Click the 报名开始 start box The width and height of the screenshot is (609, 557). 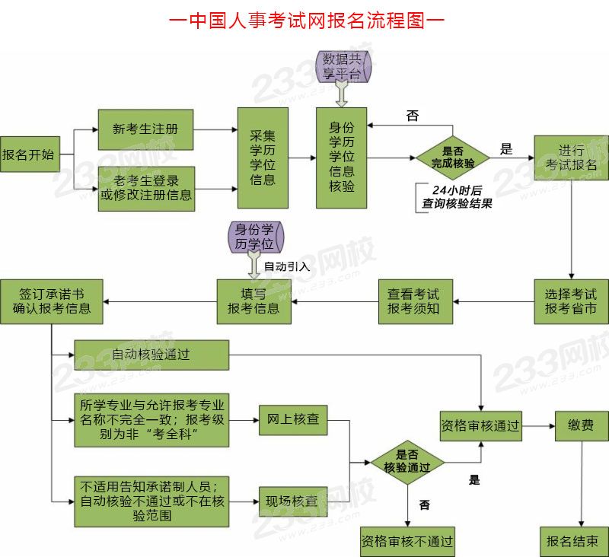click(x=28, y=154)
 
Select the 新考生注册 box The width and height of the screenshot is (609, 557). click(x=145, y=129)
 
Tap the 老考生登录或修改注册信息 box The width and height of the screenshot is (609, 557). click(x=145, y=189)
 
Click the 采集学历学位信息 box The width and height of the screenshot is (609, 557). click(x=263, y=158)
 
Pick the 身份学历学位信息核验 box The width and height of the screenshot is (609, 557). click(x=341, y=158)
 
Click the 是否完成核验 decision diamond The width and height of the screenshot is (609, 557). click(x=453, y=158)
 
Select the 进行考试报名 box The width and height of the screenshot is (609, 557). click(x=571, y=158)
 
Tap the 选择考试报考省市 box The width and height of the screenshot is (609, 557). click(x=571, y=301)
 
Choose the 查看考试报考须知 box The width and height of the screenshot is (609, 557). click(x=414, y=301)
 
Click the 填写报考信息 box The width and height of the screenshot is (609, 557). click(x=253, y=301)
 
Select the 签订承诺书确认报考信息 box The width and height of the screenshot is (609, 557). click(x=52, y=301)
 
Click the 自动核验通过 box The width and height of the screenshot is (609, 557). click(x=151, y=355)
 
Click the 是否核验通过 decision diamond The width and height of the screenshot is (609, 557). click(x=407, y=461)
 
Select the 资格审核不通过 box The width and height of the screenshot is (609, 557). click(x=407, y=541)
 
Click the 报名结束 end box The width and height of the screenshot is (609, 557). click(x=573, y=541)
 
